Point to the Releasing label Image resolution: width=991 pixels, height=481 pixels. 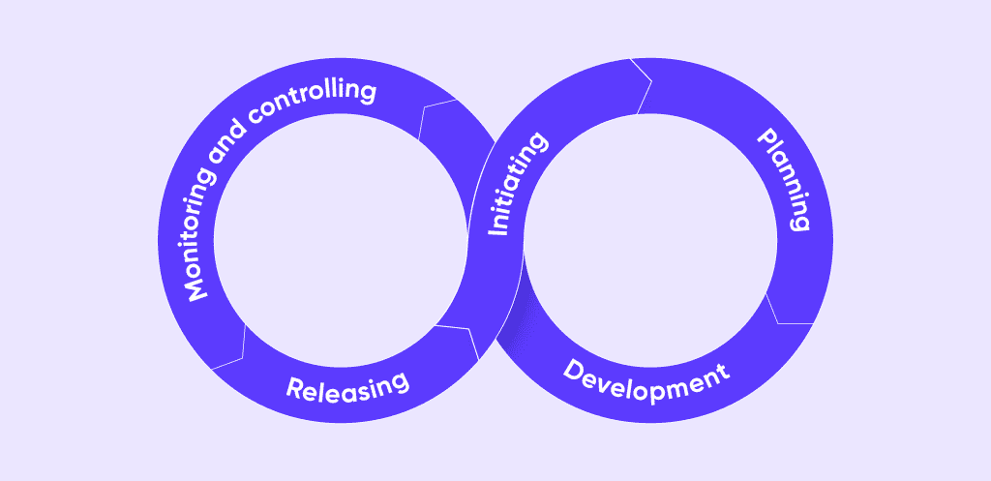[347, 387]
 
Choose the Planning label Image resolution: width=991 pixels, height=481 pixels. [782, 180]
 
